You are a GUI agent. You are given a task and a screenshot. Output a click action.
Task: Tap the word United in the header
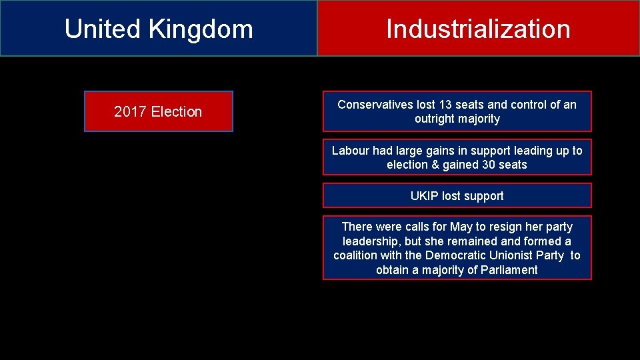coord(103,29)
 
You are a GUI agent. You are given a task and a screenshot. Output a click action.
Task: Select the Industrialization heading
coord(478,29)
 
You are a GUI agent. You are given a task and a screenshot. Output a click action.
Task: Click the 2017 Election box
coord(158,111)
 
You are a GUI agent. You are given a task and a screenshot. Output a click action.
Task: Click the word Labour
coord(350,151)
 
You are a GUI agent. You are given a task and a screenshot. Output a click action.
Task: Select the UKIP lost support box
coord(457,196)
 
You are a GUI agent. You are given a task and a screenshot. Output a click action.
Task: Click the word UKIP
coord(425,196)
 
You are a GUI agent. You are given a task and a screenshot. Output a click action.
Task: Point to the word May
coord(461,227)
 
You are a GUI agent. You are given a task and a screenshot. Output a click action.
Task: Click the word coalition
coord(355,255)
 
